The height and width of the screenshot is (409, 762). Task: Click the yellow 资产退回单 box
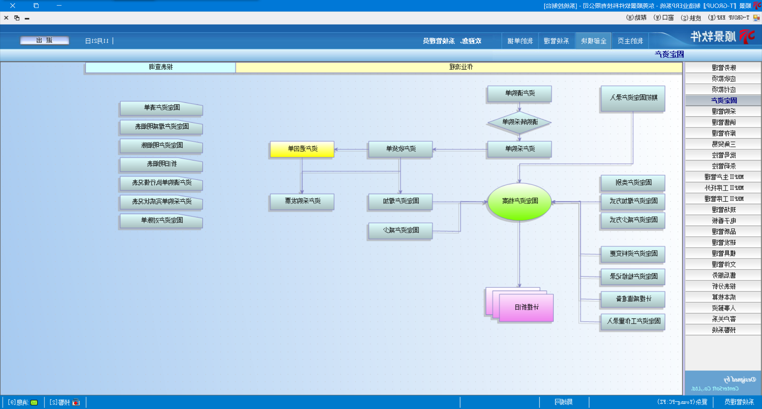[x=302, y=149]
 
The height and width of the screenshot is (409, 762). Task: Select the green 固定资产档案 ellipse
[x=519, y=201]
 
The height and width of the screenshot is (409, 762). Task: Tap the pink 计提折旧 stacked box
[x=526, y=307]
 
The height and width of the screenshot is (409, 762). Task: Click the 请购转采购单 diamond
[x=519, y=122]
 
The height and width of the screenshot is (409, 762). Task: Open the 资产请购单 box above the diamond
[x=519, y=94]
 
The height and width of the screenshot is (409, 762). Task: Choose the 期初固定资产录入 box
[x=633, y=98]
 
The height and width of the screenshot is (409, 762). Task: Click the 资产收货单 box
[x=400, y=149]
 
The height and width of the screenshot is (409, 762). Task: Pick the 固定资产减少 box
[x=400, y=230]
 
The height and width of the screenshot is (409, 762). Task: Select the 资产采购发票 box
[x=302, y=201]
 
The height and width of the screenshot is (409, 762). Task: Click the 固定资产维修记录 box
[x=633, y=276]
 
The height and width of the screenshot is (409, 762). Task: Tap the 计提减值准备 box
[x=633, y=299]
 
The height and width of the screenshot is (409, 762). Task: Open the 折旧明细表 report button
[x=161, y=164]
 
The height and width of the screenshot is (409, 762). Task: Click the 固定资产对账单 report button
[x=161, y=220]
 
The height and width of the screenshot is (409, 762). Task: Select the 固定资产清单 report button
[x=161, y=108]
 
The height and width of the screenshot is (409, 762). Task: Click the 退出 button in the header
[x=44, y=41]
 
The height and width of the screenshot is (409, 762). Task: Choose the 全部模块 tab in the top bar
[x=593, y=41]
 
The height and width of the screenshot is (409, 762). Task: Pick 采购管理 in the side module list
[x=723, y=112]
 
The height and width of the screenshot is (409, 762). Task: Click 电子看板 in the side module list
[x=723, y=221]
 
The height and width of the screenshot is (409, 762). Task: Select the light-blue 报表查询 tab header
[x=160, y=67]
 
